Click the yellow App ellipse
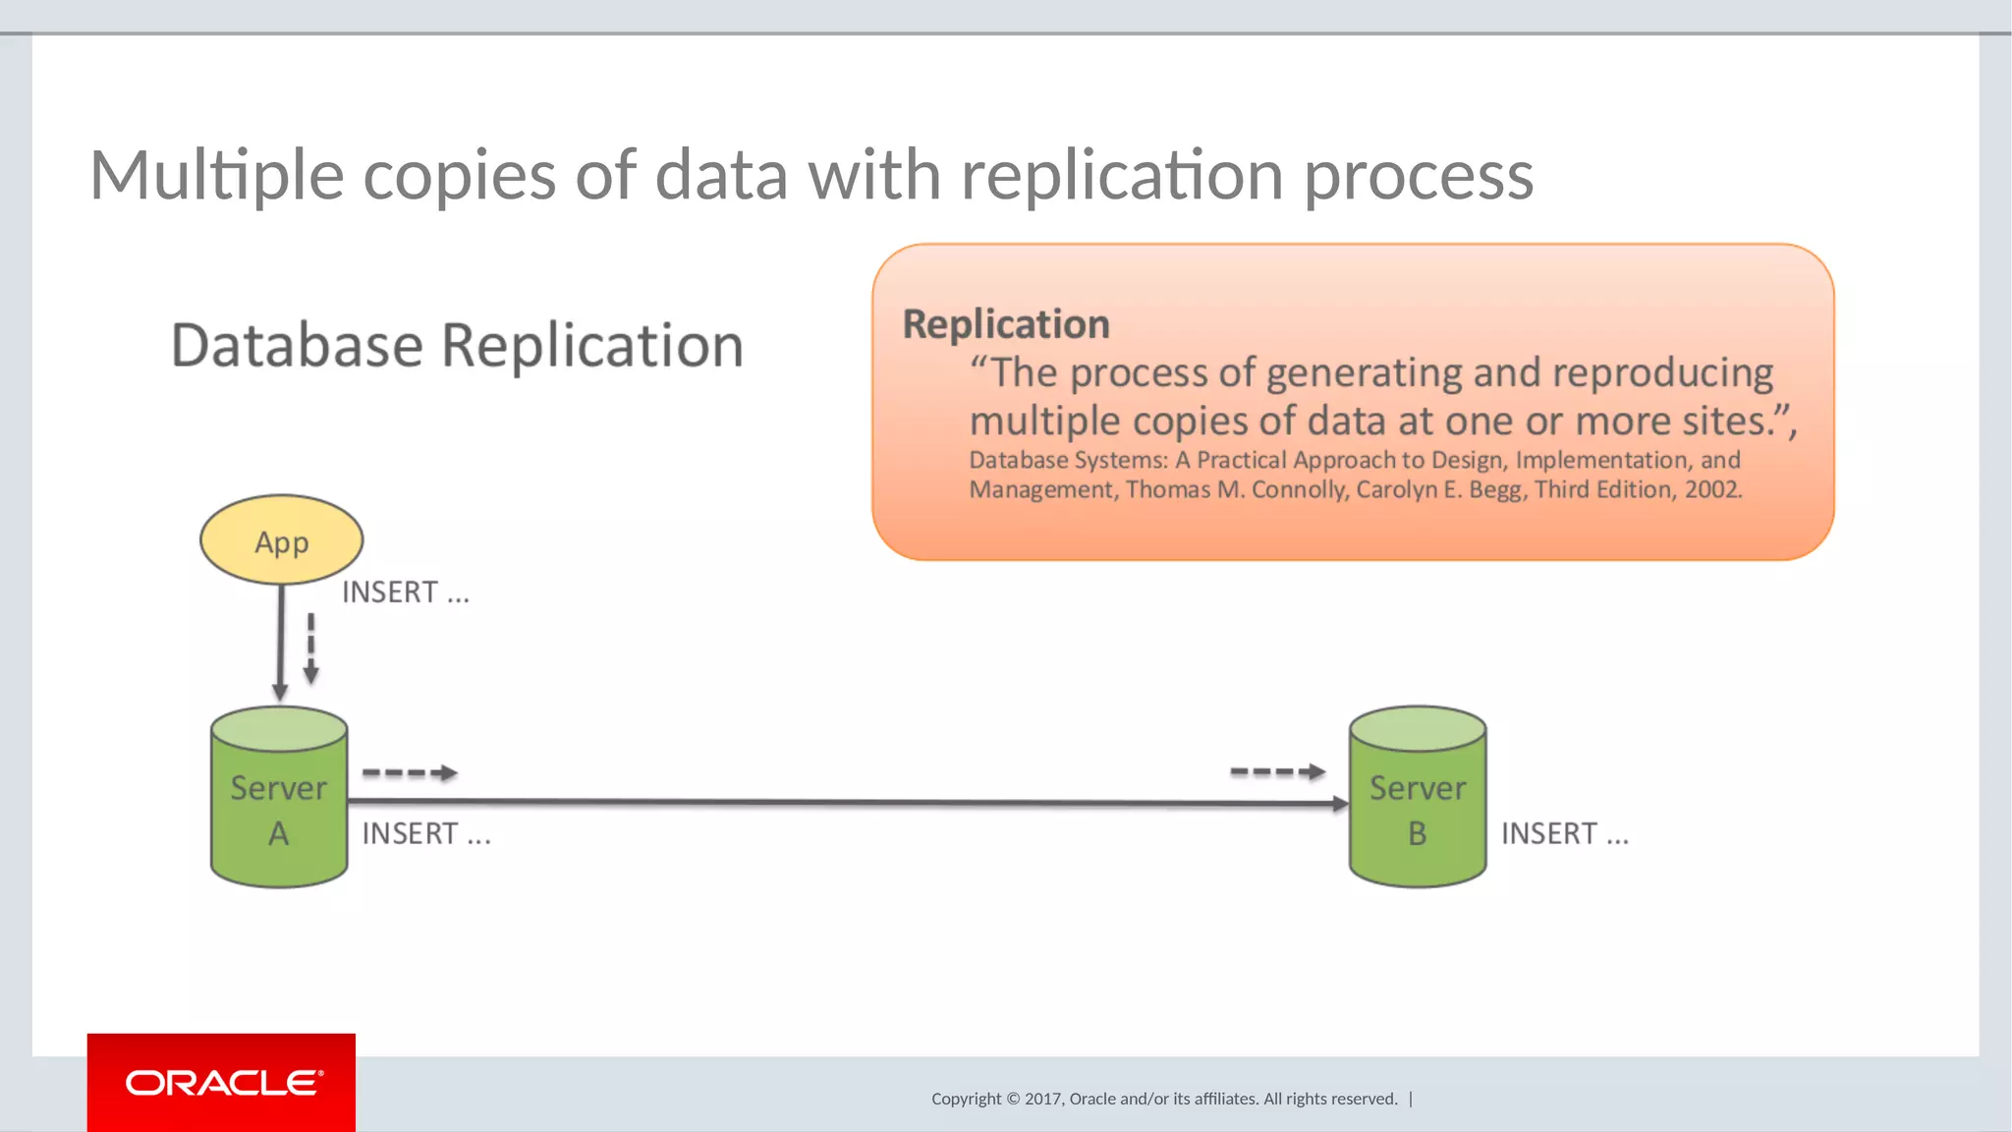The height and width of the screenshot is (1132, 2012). (281, 540)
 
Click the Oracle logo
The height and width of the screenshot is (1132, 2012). (222, 1083)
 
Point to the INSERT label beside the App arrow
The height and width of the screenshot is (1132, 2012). (405, 593)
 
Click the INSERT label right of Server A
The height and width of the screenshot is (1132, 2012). (425, 834)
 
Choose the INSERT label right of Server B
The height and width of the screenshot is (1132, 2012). (1564, 834)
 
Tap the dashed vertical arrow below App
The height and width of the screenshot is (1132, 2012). (310, 649)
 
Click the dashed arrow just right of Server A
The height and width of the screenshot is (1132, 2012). (410, 773)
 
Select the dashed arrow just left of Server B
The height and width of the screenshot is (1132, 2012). (1277, 772)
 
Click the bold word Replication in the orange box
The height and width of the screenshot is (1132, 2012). (1006, 324)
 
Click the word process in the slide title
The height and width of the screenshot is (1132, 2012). (1419, 177)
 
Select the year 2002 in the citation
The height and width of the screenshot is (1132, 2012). (1712, 489)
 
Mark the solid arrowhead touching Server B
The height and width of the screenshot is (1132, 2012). (1341, 804)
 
